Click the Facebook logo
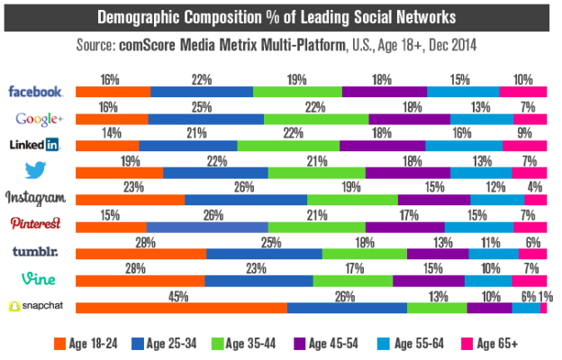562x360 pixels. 36,92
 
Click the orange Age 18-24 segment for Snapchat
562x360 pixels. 181,308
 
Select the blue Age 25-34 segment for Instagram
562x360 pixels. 246,200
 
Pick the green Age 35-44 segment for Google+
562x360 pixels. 316,119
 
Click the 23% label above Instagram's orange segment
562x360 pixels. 131,186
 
